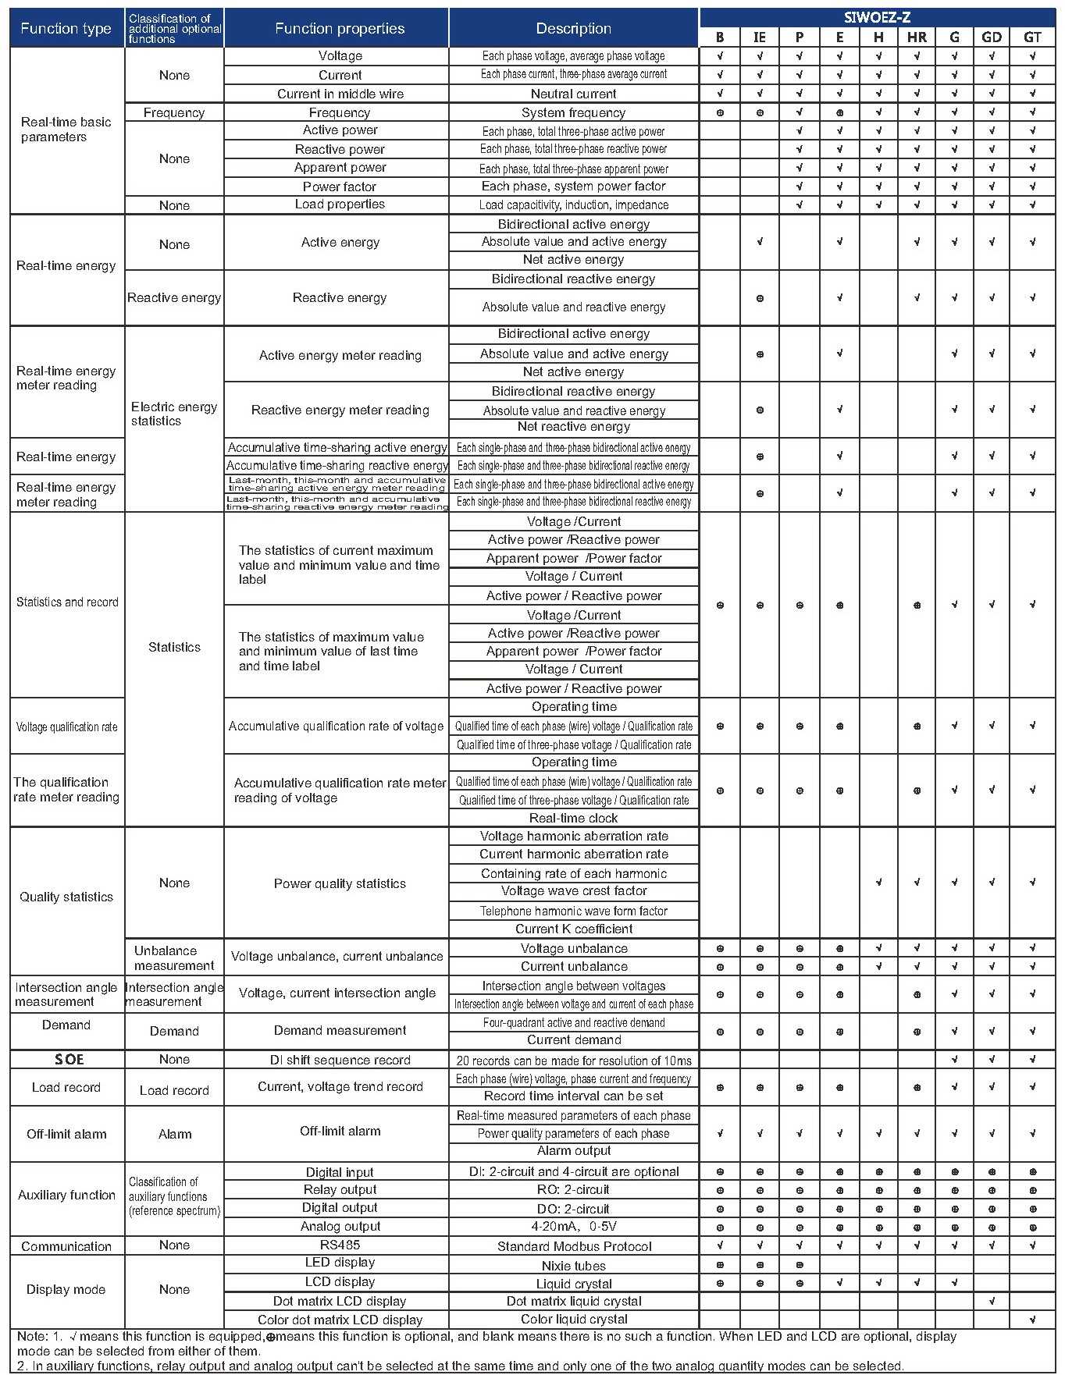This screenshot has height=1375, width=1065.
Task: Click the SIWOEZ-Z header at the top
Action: pyautogui.click(x=877, y=17)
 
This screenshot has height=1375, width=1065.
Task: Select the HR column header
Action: pyautogui.click(x=917, y=37)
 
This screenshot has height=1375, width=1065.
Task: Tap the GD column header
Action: pyautogui.click(x=992, y=37)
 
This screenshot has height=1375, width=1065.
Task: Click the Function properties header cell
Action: pyautogui.click(x=340, y=29)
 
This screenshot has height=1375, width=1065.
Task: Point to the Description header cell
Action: pyautogui.click(x=574, y=29)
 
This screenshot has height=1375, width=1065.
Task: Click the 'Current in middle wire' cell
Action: pyautogui.click(x=340, y=94)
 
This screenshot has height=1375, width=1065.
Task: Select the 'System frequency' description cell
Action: pyautogui.click(x=574, y=112)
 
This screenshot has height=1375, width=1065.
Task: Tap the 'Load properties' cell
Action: pyautogui.click(x=340, y=204)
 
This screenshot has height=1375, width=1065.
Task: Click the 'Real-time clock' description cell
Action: pyautogui.click(x=574, y=818)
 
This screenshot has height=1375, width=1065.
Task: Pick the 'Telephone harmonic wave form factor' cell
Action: pyautogui.click(x=574, y=911)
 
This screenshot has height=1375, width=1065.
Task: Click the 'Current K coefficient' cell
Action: pyautogui.click(x=574, y=929)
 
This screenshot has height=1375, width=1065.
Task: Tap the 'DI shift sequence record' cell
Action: pyautogui.click(x=340, y=1060)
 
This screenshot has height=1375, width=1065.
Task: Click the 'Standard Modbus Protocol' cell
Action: pyautogui.click(x=574, y=1246)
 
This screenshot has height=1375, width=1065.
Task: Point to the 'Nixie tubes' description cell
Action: pyautogui.click(x=574, y=1266)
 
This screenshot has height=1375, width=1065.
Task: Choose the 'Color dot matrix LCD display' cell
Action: pyautogui.click(x=340, y=1320)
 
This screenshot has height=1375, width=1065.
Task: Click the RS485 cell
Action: pyautogui.click(x=340, y=1245)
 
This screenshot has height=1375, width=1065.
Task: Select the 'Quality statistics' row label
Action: pyautogui.click(x=66, y=897)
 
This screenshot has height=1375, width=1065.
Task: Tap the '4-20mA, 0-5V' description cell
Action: pyautogui.click(x=574, y=1226)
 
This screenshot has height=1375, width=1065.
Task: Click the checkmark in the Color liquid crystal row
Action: pyautogui.click(x=1032, y=1320)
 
